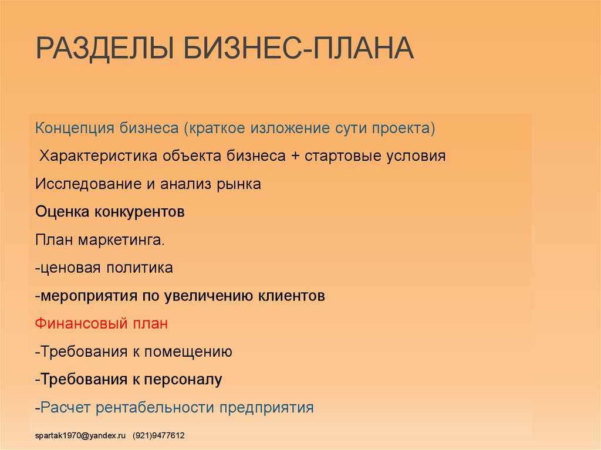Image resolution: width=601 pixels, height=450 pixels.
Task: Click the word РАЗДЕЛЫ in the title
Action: [106, 49]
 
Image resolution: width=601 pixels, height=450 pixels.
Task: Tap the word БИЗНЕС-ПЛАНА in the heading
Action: [299, 48]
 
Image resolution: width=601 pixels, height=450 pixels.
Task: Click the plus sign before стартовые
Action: [295, 156]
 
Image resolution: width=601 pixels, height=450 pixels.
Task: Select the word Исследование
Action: [89, 184]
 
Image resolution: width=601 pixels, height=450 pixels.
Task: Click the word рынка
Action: [239, 185]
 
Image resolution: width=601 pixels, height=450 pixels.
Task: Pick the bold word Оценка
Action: [62, 212]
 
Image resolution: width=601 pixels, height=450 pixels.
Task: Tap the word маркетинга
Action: [121, 241]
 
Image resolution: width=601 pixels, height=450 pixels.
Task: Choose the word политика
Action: [139, 268]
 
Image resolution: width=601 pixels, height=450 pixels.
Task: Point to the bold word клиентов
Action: [291, 296]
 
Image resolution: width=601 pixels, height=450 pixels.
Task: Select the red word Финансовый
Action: [82, 323]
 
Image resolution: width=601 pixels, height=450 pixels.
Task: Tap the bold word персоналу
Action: [183, 380]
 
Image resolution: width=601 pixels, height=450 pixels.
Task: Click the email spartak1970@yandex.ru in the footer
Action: [80, 435]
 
